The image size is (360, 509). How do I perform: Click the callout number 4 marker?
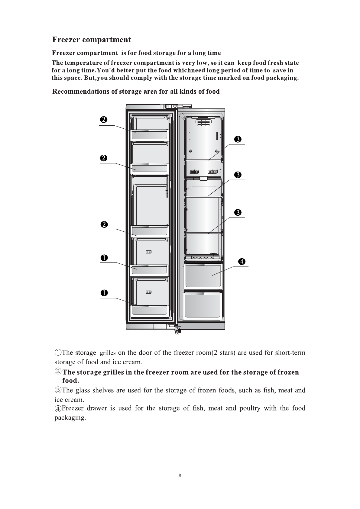click(x=242, y=262)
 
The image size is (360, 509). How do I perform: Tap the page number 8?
click(x=180, y=475)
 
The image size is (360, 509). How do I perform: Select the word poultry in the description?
click(x=250, y=408)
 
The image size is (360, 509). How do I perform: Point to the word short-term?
click(x=290, y=353)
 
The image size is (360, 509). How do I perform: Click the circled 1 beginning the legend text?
click(x=58, y=353)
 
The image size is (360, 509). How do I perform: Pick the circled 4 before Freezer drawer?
click(x=58, y=409)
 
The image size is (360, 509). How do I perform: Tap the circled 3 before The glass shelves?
click(x=58, y=390)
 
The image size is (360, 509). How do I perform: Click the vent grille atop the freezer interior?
click(x=203, y=122)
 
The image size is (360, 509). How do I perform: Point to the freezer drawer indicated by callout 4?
click(x=203, y=275)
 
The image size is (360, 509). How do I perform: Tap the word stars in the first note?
click(x=227, y=353)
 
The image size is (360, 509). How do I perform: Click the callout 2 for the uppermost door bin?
click(x=104, y=120)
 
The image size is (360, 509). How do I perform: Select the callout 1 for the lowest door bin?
click(x=104, y=293)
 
